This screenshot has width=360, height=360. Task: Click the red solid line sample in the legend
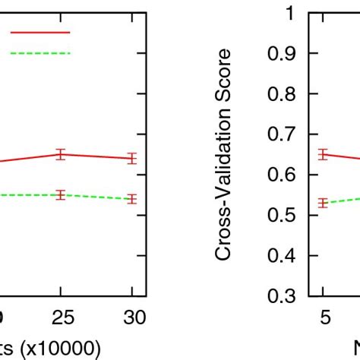[x=39, y=33]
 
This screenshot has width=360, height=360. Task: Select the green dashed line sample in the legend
[x=39, y=53]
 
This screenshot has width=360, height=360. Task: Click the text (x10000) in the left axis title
[x=61, y=348]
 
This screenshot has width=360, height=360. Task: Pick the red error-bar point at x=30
[x=132, y=158]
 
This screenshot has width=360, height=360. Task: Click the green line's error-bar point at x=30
[x=132, y=199]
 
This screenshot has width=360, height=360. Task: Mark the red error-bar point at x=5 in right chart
[x=324, y=154]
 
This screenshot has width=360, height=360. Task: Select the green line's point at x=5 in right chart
[x=324, y=203]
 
